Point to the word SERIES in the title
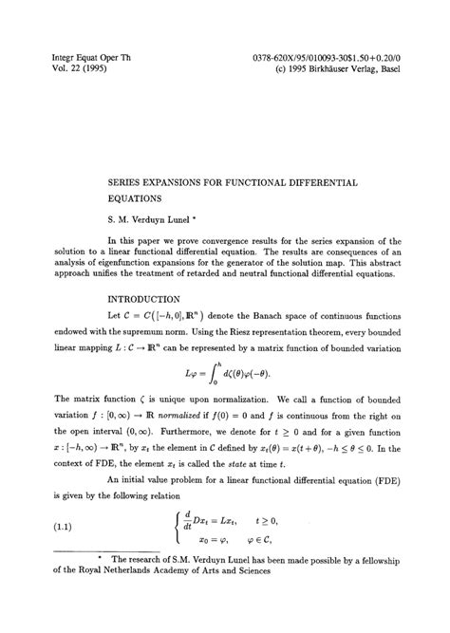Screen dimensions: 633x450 [x=131, y=179]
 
